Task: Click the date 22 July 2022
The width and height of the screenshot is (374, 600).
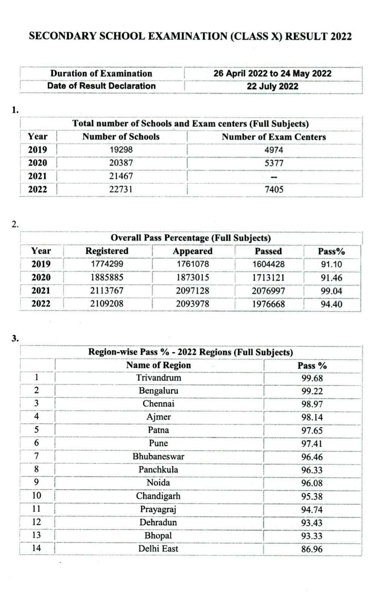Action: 272,86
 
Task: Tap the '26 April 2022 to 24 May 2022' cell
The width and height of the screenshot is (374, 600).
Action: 272,74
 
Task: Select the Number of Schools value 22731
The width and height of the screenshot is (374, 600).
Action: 121,189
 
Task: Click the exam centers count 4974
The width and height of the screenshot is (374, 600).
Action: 274,150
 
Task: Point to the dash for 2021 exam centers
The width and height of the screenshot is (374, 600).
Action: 274,177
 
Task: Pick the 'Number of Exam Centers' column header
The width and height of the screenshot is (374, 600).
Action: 274,137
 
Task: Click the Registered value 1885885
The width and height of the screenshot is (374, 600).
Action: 107,277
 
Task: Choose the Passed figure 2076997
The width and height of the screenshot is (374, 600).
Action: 269,291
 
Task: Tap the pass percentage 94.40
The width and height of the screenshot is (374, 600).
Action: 331,304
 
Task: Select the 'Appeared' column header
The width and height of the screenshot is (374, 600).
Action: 193,251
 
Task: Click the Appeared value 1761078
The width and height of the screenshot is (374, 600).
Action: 193,264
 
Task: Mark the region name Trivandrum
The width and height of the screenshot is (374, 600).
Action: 159,378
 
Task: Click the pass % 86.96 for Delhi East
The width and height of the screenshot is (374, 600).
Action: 312,549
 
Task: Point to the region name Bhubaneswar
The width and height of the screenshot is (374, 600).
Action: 159,457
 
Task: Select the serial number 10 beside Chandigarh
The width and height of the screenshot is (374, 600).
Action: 36,496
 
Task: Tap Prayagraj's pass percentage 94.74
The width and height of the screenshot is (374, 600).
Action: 312,510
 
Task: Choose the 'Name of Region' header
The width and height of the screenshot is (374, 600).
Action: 159,365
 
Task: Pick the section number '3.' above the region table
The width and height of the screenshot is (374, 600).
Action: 15,338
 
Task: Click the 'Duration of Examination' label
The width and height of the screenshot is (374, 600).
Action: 101,74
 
